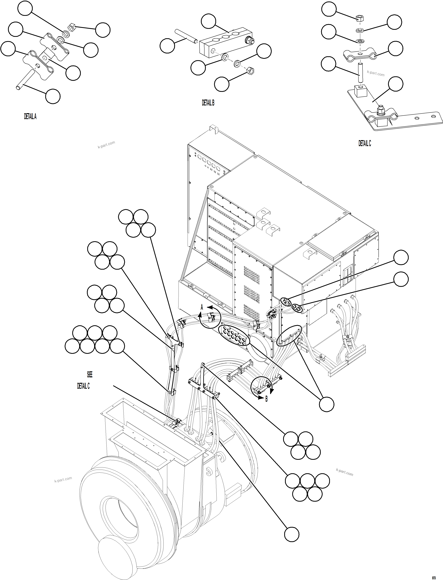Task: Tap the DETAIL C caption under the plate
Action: [364, 143]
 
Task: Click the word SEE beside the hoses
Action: [90, 374]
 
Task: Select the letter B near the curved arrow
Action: [266, 399]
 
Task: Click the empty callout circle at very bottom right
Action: [292, 535]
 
